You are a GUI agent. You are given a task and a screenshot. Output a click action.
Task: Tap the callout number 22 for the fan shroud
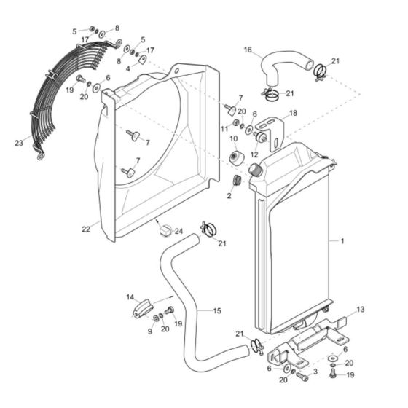click(86, 229)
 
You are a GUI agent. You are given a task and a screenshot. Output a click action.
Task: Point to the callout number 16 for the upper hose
click(248, 50)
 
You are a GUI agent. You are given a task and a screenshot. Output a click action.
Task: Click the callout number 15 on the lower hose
click(217, 310)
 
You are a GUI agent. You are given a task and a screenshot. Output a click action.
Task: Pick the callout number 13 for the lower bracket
click(360, 310)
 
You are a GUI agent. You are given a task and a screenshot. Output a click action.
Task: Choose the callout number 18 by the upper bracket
click(294, 114)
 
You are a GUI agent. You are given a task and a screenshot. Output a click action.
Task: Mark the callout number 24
click(178, 232)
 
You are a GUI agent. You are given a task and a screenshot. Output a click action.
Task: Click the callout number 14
click(131, 297)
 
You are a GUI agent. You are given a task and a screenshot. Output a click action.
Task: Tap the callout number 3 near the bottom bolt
click(315, 372)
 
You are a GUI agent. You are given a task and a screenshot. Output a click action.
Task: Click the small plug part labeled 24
click(165, 231)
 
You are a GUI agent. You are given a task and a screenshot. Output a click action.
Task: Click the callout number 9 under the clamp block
click(149, 331)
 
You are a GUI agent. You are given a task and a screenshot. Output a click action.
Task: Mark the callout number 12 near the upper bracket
click(254, 154)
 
